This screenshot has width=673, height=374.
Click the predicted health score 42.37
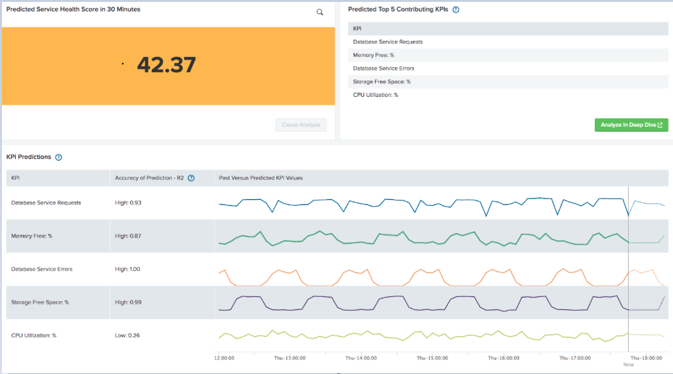point(166,65)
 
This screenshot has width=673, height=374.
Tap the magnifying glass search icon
point(320,12)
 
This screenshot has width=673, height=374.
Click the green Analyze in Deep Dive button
point(631,125)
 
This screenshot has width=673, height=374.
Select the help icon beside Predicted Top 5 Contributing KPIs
point(456,10)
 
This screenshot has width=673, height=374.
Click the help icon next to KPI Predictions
point(58,157)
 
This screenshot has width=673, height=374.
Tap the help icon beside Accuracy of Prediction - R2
point(191,178)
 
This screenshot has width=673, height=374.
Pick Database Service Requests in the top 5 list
point(387,42)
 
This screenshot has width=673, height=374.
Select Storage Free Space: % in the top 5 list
point(381,81)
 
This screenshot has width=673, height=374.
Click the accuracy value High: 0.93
point(128,202)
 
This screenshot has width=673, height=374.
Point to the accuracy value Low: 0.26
point(128,335)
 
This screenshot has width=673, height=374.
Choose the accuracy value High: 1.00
point(128,269)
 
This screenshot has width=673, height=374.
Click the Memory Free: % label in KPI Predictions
point(31,236)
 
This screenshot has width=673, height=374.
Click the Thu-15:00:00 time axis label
point(432,358)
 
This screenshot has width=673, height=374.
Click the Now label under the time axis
point(628,364)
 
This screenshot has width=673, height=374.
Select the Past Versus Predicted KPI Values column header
point(261,178)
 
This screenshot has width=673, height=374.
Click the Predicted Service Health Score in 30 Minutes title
point(73,10)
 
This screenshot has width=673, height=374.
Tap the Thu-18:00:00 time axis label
point(645,358)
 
